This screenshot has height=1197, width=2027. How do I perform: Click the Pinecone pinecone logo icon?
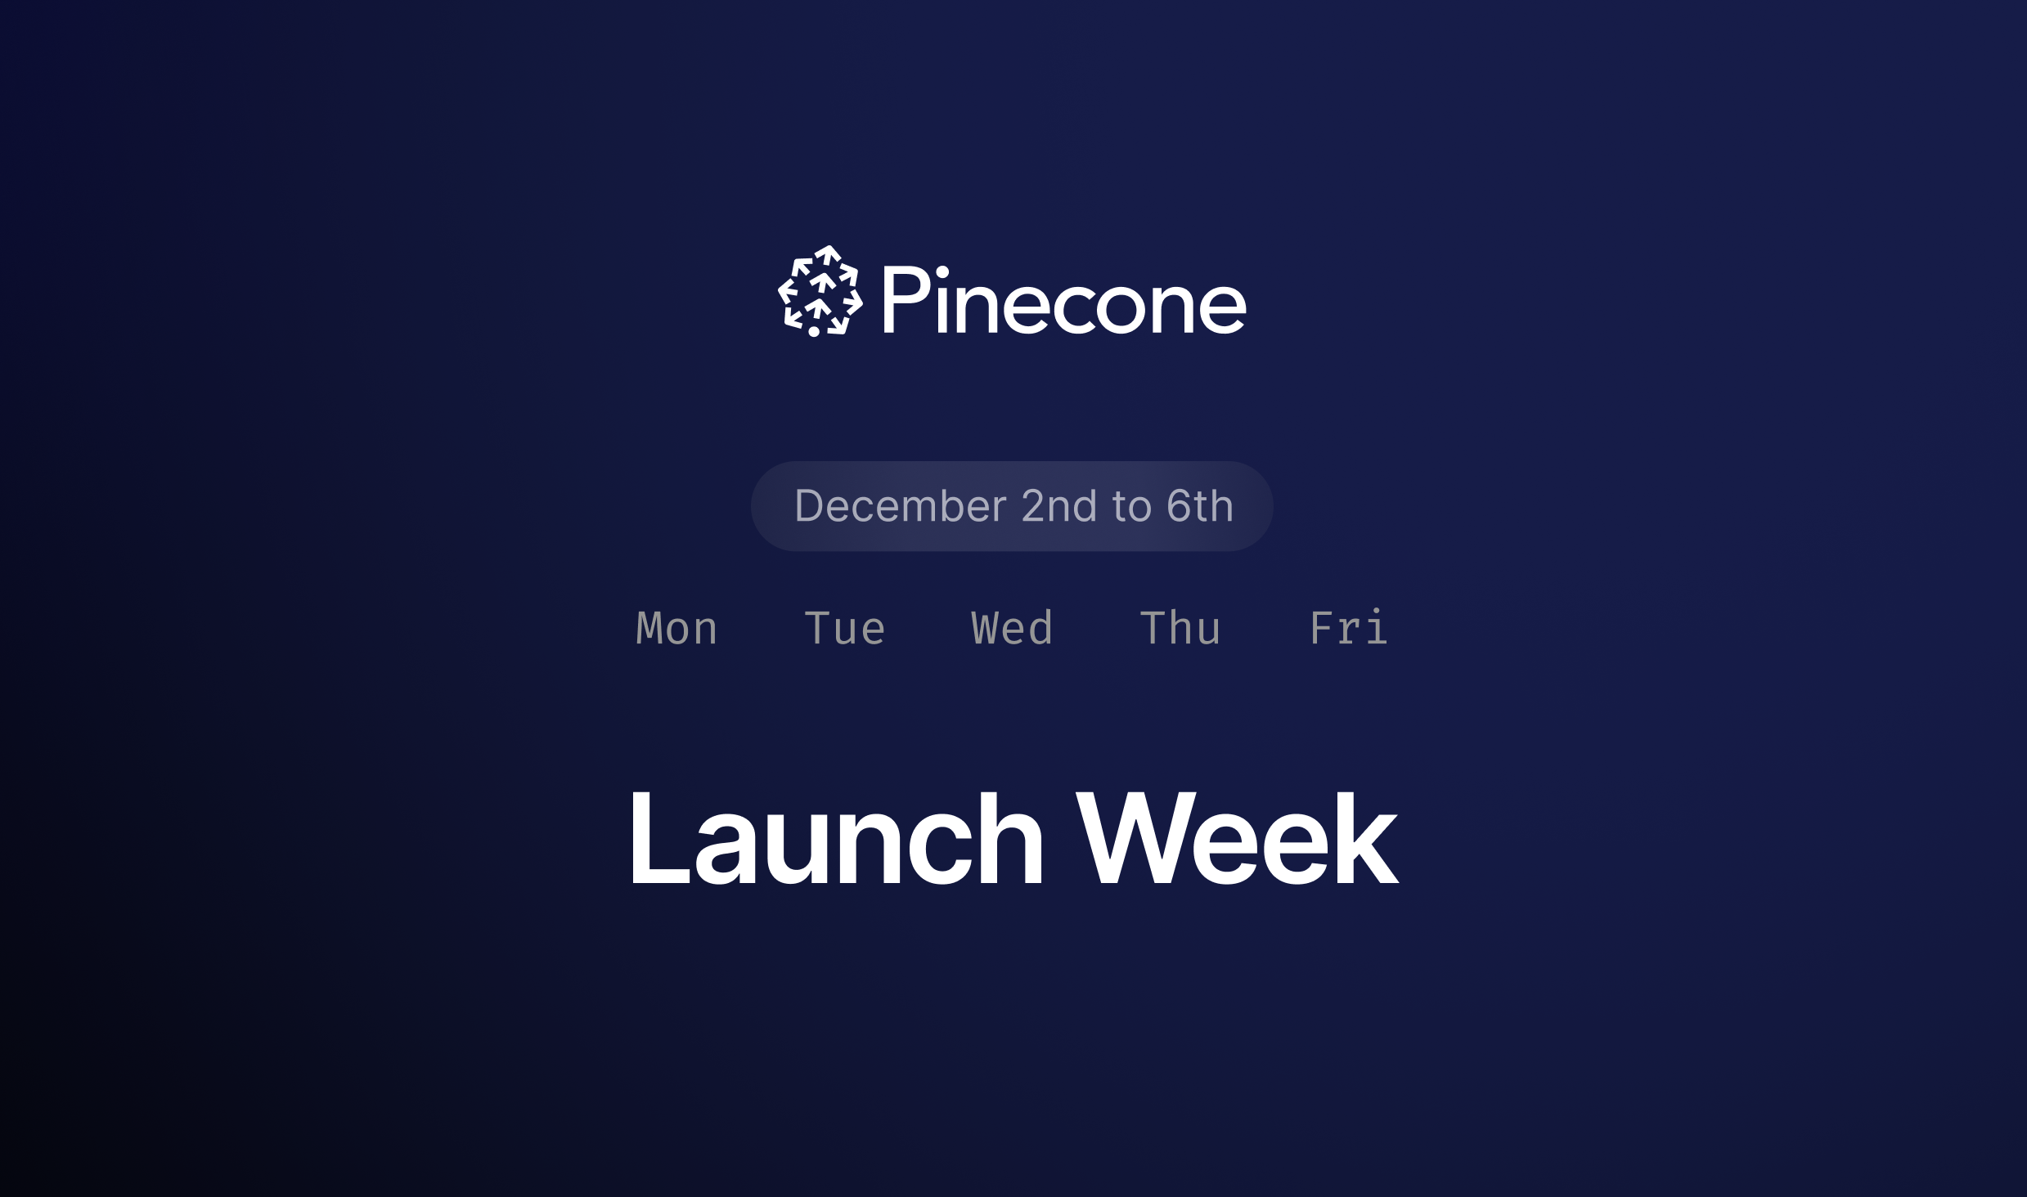tap(820, 291)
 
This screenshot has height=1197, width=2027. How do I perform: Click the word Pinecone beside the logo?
tap(1064, 300)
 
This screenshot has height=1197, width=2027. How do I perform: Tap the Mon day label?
tap(676, 628)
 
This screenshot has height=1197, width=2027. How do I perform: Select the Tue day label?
tap(845, 628)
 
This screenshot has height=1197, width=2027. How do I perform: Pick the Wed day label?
tap(1012, 628)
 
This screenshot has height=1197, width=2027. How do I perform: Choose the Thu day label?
tap(1180, 628)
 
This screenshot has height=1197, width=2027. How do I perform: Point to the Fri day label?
tap(1349, 627)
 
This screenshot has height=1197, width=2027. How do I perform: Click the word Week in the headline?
tap(1237, 839)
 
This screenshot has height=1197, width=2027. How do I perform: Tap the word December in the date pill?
tap(901, 506)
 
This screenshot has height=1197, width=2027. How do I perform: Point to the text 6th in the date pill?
tap(1200, 506)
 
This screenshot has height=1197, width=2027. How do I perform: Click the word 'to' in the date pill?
tap(1132, 508)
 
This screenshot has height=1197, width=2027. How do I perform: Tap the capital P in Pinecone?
tap(905, 299)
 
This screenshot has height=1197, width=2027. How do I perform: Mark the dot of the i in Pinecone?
tap(942, 272)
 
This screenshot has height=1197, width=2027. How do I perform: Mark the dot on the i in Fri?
tap(1377, 611)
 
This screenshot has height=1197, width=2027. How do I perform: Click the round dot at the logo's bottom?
tap(814, 331)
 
